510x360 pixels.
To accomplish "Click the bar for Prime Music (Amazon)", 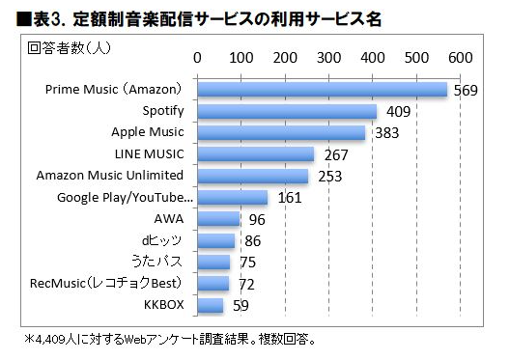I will (323, 90).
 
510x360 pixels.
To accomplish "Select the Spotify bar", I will (287, 111).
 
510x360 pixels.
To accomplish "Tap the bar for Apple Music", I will (281, 132).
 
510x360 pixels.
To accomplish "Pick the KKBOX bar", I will (211, 306).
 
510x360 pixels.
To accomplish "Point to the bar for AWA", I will (218, 219).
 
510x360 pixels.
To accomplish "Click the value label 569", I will (466, 91).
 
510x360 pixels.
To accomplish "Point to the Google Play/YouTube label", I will (126, 198).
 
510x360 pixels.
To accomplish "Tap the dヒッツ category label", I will (160, 240).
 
